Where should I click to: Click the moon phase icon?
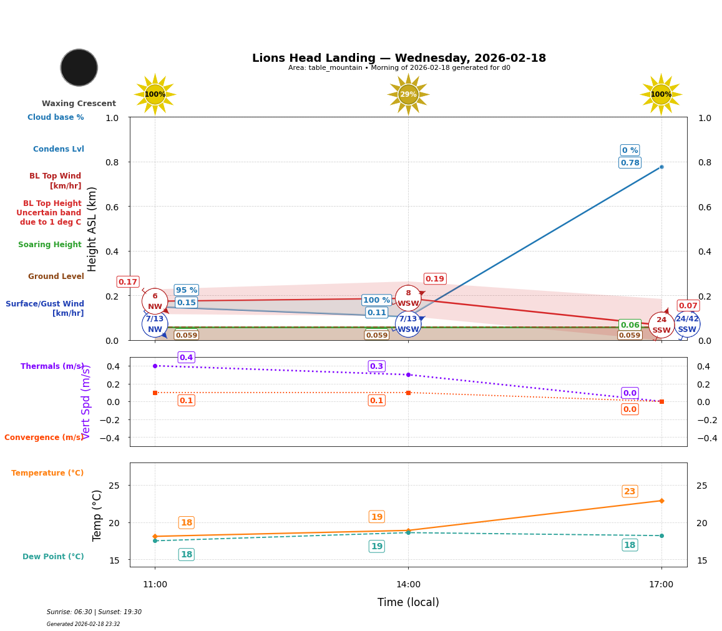point(79,67)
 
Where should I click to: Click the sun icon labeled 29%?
point(408,94)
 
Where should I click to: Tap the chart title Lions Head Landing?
point(399,58)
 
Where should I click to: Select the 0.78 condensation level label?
point(630,163)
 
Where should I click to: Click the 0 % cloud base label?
point(630,150)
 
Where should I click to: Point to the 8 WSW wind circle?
point(408,298)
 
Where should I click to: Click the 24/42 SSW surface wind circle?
point(687,324)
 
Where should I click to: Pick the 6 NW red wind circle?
point(155,301)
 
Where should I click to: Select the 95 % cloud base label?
point(186,290)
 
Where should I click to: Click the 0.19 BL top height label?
point(435,279)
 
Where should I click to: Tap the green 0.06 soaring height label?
point(630,325)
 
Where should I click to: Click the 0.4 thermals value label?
point(186,358)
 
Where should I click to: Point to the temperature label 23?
point(630,491)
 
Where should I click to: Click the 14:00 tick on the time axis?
point(408,585)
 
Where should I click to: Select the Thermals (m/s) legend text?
point(52,366)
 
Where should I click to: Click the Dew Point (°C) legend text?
point(53,557)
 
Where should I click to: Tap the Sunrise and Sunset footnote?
point(94,612)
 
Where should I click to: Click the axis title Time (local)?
point(408,602)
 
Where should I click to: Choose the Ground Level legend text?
point(56,276)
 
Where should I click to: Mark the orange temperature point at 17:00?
point(661,501)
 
